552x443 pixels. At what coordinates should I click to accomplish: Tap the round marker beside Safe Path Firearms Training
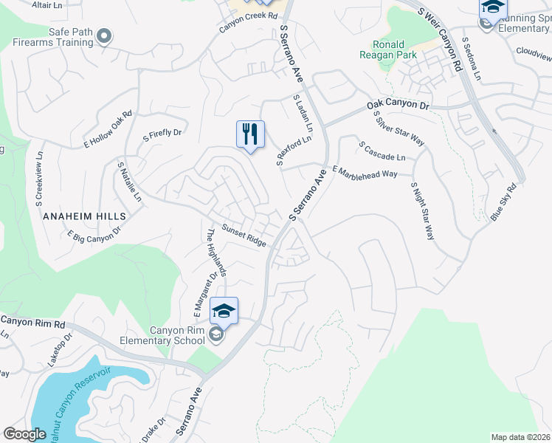104,35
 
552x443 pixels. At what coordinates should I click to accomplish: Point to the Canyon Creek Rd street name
248,22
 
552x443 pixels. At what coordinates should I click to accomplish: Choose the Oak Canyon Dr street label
398,106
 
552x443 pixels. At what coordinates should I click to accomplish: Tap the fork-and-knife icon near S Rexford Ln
249,134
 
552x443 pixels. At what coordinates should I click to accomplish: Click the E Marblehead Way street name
365,172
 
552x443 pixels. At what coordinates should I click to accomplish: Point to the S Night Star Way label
422,211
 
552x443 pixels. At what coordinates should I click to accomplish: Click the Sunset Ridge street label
244,236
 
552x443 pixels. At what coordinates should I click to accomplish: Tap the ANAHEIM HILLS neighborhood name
86,216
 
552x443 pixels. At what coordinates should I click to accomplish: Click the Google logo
24,434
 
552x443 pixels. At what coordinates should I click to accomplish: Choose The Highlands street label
217,253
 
